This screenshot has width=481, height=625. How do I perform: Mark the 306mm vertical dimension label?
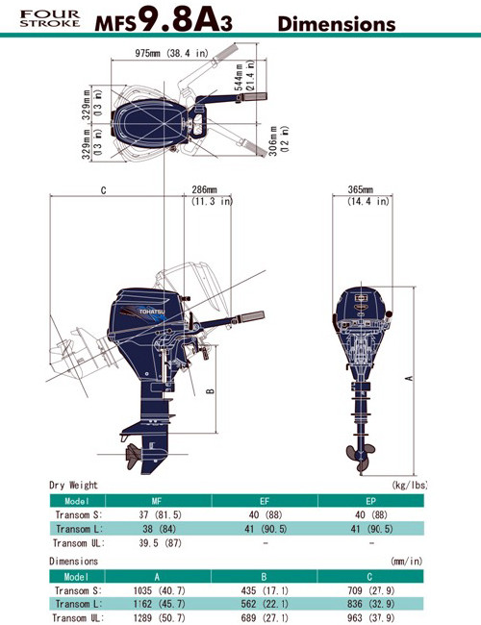coord(278,140)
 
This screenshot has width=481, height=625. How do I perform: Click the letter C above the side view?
coord(103,191)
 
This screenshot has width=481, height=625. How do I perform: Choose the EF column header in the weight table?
coord(264,501)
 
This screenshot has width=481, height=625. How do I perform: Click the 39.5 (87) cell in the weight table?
coord(157,543)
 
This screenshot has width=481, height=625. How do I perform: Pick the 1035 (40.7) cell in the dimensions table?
coord(157,590)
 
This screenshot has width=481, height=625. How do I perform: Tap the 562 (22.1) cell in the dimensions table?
coord(264,605)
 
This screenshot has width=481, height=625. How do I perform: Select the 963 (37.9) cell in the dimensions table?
coord(370,618)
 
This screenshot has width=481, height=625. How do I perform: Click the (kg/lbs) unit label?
coord(408,487)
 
